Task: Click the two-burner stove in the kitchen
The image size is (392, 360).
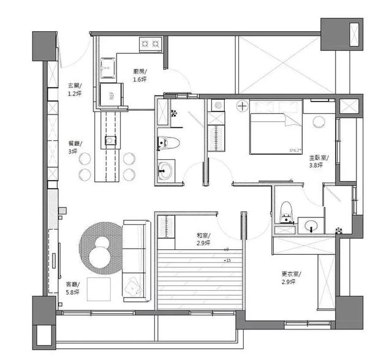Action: click(x=151, y=43)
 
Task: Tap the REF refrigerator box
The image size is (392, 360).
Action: click(x=111, y=96)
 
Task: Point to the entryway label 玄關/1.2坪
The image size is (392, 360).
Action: click(x=75, y=90)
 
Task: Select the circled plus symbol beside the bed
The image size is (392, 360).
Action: click(x=243, y=107)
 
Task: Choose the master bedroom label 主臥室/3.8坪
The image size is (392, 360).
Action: click(x=318, y=160)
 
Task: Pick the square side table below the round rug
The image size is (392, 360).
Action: click(x=99, y=288)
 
